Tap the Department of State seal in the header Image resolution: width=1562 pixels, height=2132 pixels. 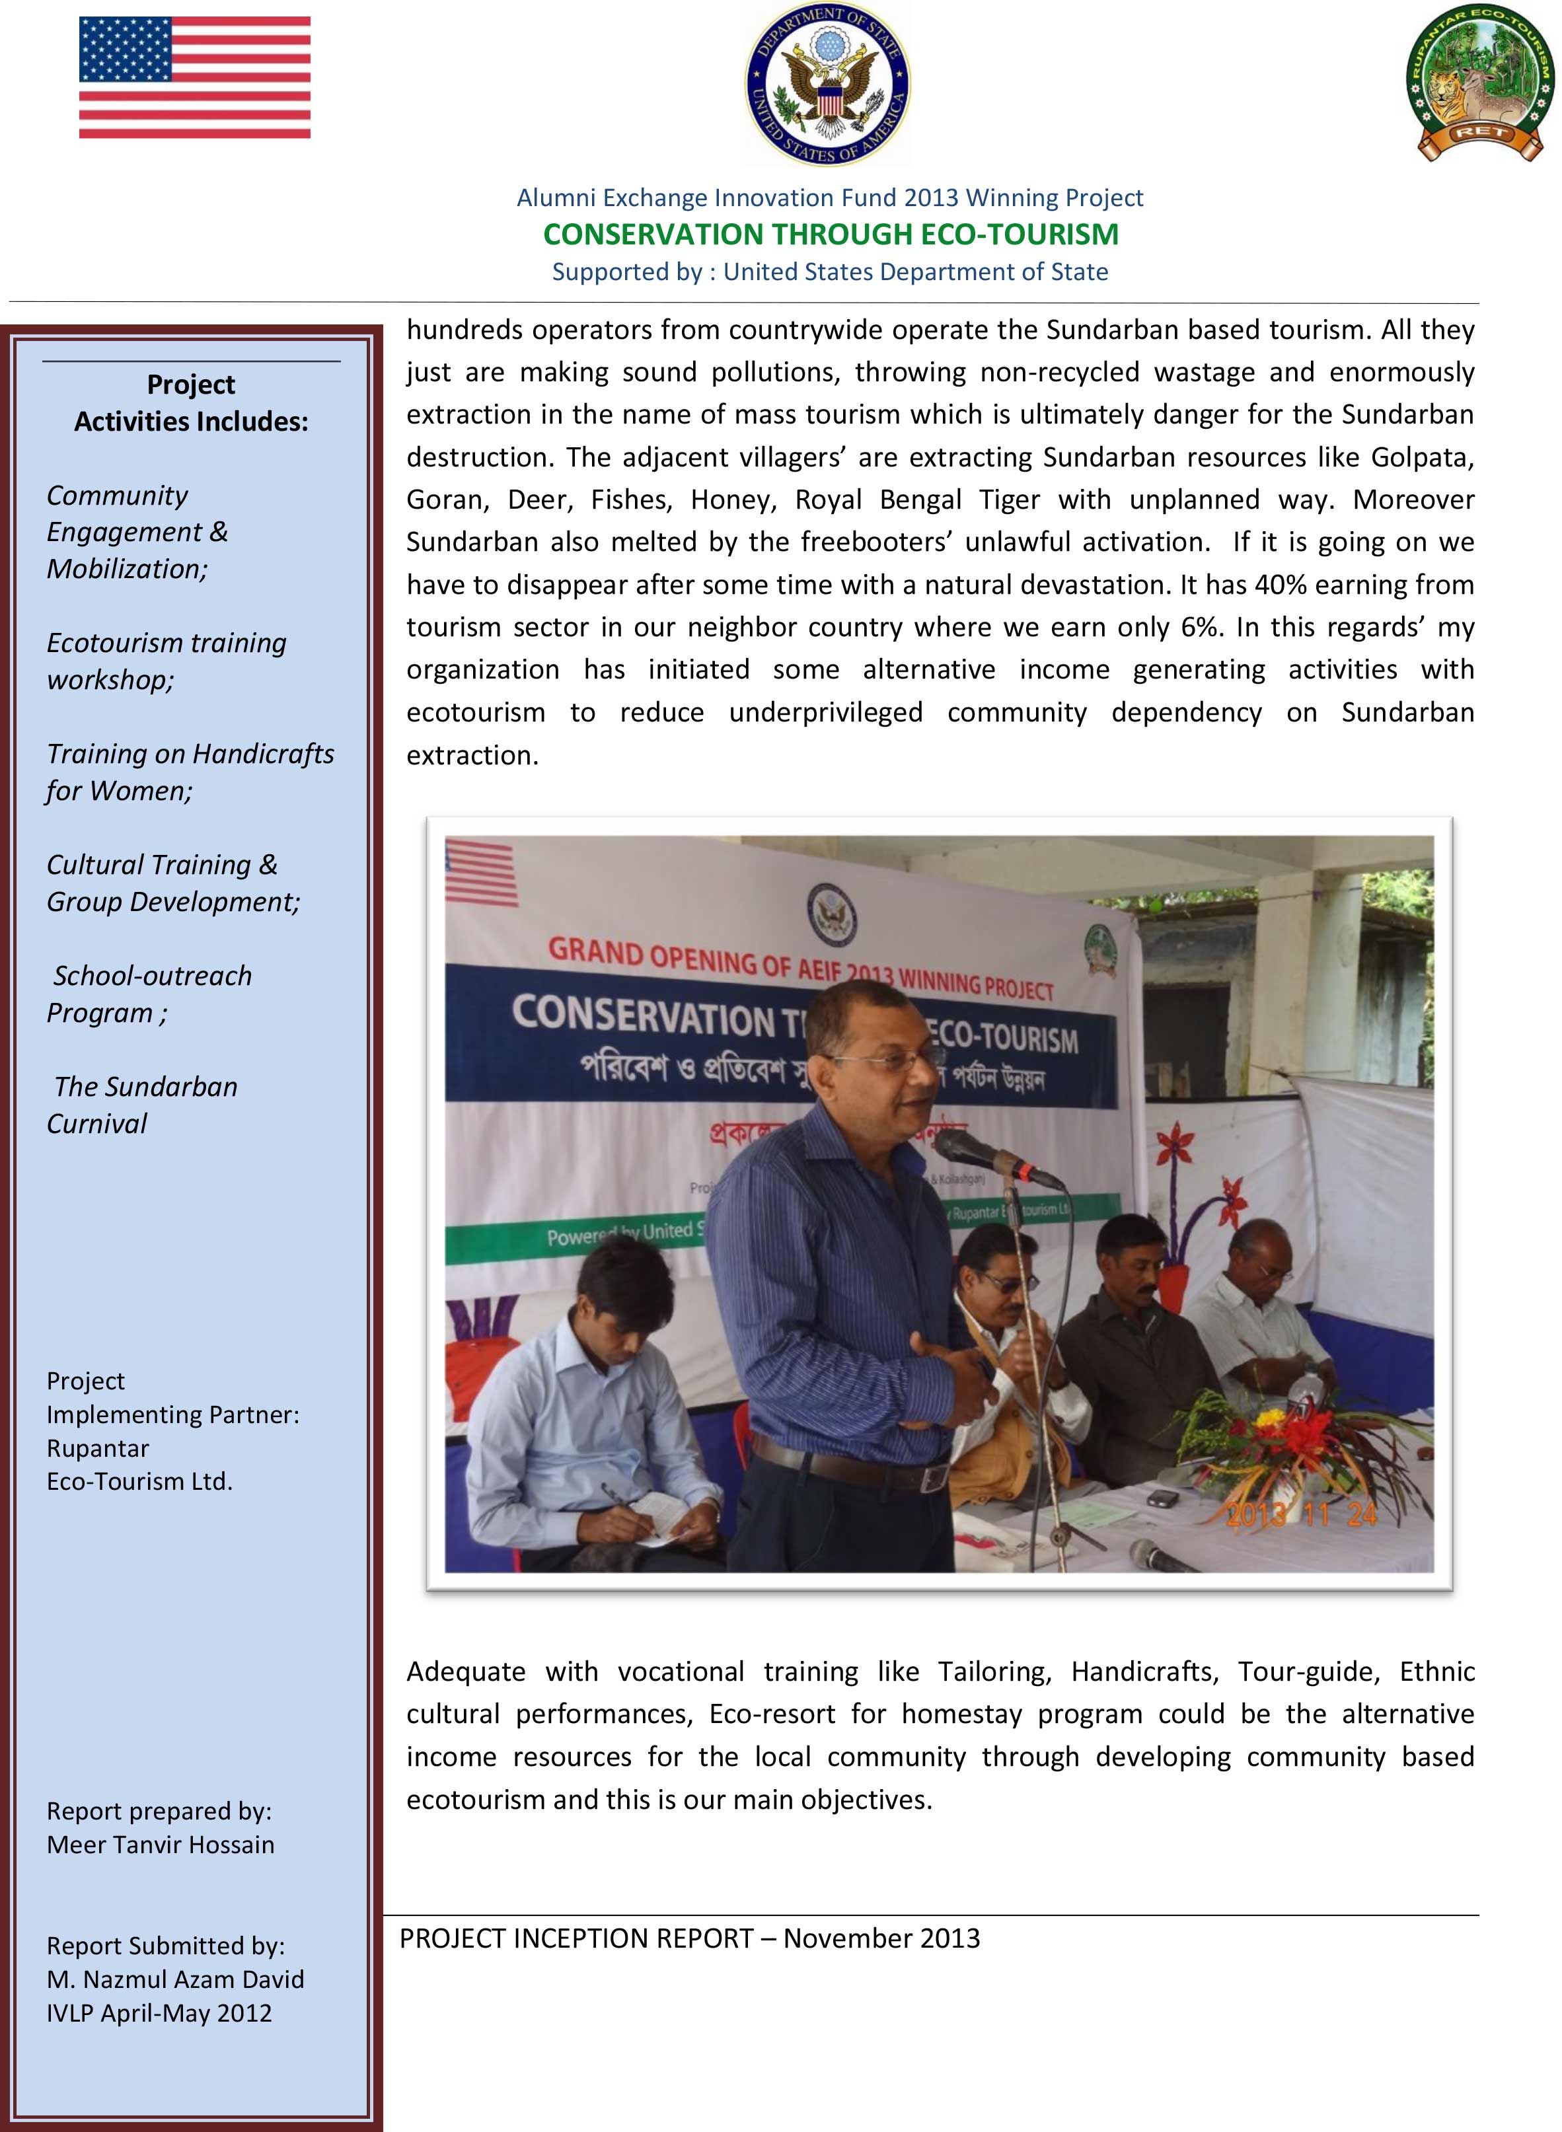tap(827, 83)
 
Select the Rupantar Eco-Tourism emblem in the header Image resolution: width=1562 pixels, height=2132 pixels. tap(1480, 83)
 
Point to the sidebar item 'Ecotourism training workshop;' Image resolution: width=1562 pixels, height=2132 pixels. tap(167, 661)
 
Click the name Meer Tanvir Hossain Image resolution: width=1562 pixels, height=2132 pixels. tap(161, 1844)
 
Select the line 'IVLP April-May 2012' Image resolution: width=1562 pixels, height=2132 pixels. tap(159, 2013)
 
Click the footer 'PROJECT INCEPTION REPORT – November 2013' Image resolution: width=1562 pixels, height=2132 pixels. tap(689, 1939)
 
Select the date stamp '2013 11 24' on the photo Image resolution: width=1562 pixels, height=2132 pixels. tap(1300, 1516)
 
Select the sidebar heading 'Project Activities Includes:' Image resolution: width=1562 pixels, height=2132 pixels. tap(191, 403)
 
